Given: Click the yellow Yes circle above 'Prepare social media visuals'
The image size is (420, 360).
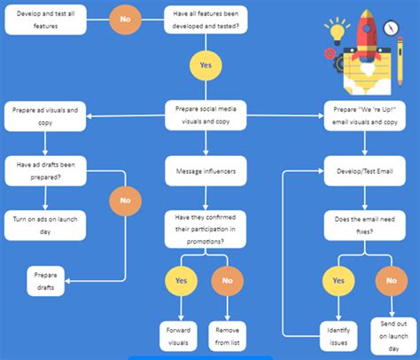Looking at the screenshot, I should coord(206,65).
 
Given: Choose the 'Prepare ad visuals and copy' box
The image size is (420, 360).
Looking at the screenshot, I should coord(47,116).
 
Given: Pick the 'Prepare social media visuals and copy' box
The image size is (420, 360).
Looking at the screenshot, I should coord(206,116).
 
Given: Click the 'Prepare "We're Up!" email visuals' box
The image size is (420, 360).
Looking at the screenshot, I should coord(364,116).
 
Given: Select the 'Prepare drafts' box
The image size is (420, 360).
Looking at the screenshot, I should coord(47,281).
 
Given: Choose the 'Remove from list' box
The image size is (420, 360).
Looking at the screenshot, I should coord(228,334).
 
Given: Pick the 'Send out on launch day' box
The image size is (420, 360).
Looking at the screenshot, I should coord(389,334).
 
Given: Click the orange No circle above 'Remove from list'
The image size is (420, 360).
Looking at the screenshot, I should coord(228,281).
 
